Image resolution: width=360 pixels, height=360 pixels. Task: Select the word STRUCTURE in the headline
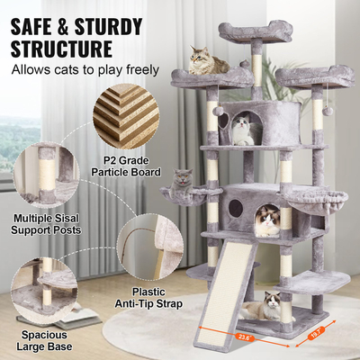point(63,47)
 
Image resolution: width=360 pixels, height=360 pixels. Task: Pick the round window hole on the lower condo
point(235,207)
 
